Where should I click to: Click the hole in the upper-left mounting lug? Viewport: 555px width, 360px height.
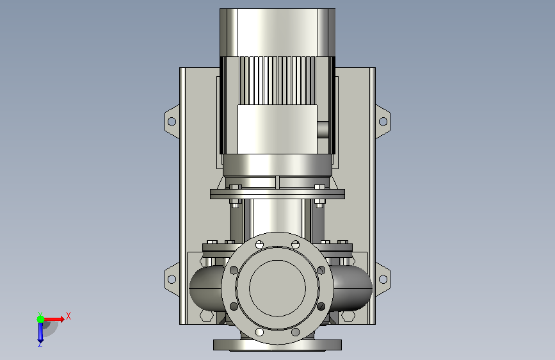click(172, 122)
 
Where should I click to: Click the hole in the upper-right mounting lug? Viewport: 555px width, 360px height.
click(383, 122)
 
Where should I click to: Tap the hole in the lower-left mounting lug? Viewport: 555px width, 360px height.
click(172, 279)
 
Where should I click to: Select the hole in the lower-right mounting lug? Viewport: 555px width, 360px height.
click(383, 279)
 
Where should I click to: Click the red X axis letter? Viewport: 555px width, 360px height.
click(68, 316)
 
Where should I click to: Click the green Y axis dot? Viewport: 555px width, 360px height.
click(40, 319)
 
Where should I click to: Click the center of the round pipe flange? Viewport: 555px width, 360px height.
click(278, 288)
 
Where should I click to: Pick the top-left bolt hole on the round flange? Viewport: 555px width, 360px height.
click(259, 244)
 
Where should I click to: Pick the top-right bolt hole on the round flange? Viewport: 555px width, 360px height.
click(296, 244)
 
